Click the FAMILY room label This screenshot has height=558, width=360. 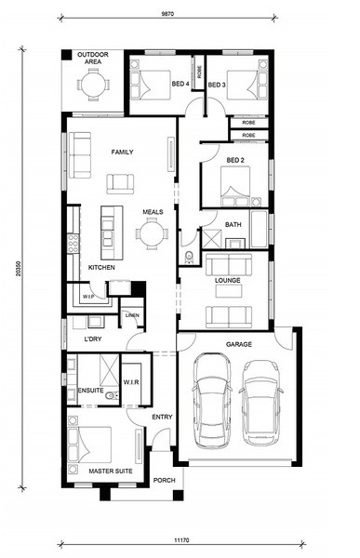click(x=122, y=152)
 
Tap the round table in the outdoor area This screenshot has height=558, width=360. click(x=94, y=85)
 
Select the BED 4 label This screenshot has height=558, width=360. click(x=180, y=84)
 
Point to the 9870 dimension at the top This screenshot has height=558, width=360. click(x=167, y=14)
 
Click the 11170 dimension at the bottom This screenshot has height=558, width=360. click(x=181, y=540)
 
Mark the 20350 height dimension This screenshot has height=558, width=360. click(x=18, y=270)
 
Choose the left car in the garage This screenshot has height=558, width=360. click(x=211, y=400)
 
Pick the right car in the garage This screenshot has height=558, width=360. click(x=261, y=403)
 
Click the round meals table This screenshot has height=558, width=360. click(x=152, y=234)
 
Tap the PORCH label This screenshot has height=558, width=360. click(x=164, y=480)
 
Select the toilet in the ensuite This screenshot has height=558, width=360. click(x=113, y=395)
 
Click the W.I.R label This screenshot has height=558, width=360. click(x=131, y=382)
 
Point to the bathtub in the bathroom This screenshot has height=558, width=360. click(x=259, y=229)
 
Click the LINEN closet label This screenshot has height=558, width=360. click(x=132, y=315)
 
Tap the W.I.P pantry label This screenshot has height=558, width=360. click(x=88, y=296)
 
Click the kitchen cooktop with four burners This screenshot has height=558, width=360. click(x=73, y=244)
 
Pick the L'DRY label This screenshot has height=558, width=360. click(x=93, y=339)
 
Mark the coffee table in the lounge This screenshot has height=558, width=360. click(x=228, y=291)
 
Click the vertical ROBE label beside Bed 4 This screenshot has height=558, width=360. click(x=199, y=72)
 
